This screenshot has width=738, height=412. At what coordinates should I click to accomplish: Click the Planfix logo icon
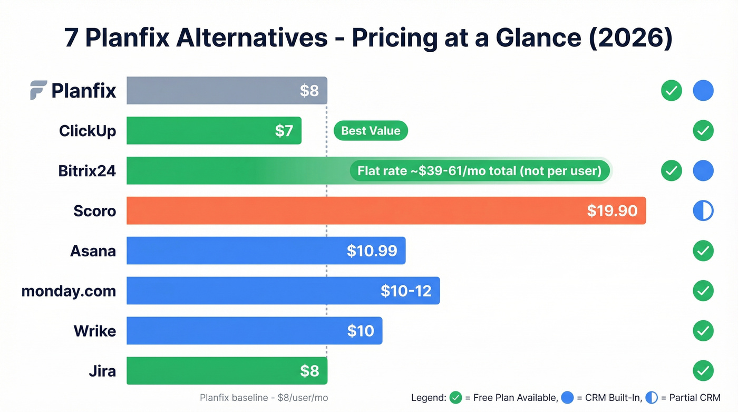point(38,90)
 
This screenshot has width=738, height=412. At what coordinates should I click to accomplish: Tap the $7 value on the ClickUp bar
point(284,131)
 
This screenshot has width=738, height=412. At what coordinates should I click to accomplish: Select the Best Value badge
point(371,131)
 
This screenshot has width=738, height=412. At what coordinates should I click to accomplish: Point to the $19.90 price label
point(612,211)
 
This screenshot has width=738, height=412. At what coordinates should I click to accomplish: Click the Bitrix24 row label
point(87,171)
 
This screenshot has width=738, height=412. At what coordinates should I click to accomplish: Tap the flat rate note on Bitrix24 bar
point(479,171)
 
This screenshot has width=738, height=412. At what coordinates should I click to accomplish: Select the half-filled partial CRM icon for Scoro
point(703,211)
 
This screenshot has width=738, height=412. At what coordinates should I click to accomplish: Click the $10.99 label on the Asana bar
point(372,251)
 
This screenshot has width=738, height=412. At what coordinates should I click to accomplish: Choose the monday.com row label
point(69,291)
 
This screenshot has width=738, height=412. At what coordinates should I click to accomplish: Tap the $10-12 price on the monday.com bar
point(406,291)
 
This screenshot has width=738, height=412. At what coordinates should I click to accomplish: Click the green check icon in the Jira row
point(703,371)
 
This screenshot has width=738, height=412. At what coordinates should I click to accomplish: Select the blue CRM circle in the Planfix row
point(703,91)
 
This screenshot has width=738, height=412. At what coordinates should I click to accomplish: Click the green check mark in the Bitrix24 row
point(671,171)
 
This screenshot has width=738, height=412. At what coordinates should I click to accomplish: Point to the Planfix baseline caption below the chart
point(264,398)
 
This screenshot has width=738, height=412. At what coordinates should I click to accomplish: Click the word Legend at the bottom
point(428,398)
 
